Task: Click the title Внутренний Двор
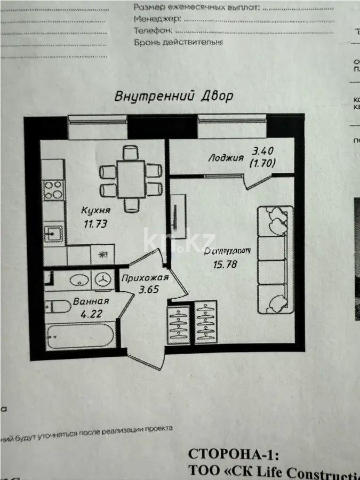click(x=174, y=97)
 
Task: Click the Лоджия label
click(x=226, y=158)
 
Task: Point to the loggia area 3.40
click(x=263, y=151)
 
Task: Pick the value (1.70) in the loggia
click(x=262, y=164)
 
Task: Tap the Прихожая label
click(x=145, y=278)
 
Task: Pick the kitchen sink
click(x=53, y=234)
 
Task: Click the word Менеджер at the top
click(x=157, y=18)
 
